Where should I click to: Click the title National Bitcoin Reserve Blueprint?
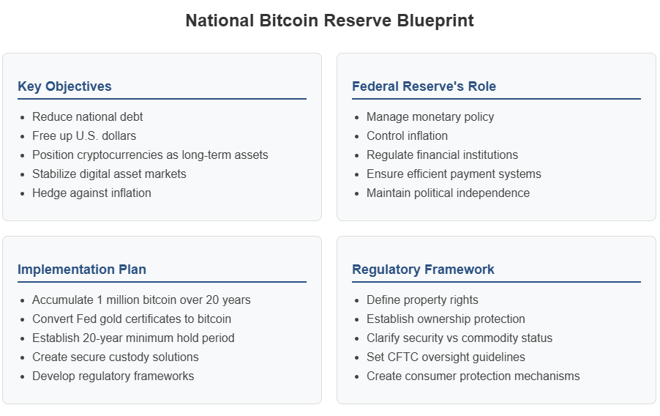[329, 21]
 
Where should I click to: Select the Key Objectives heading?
[64, 86]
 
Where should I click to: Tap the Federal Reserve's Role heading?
[424, 86]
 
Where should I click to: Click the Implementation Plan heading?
[82, 270]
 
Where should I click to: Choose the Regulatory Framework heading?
[423, 270]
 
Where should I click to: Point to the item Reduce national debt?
[88, 116]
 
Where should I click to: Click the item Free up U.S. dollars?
[84, 135]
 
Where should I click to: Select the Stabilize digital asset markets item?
[109, 174]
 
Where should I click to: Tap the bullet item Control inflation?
[407, 135]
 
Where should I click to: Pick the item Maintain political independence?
[448, 193]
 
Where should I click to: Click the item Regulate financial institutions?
[442, 155]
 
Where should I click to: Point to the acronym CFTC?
[401, 357]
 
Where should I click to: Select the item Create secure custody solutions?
[116, 357]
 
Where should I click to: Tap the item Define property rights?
[422, 300]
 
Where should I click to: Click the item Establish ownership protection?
[446, 319]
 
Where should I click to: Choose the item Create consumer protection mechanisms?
[473, 376]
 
